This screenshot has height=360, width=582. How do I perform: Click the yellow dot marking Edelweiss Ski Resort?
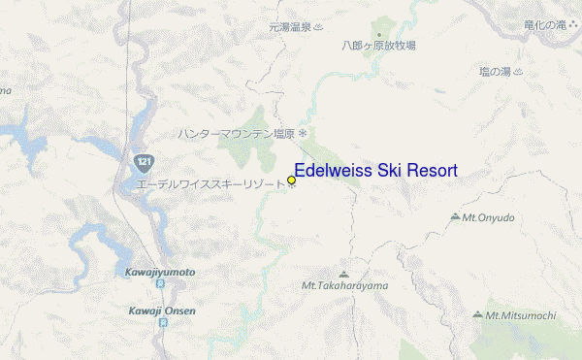coord(291,180)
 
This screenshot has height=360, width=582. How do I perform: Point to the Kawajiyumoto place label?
coord(160,272)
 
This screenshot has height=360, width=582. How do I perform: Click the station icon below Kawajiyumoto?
coord(160,284)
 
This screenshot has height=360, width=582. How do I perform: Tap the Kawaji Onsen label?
coord(162,311)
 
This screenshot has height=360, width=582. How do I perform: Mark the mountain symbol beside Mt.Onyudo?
coord(455,216)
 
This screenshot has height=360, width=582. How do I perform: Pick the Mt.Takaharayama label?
coord(344,285)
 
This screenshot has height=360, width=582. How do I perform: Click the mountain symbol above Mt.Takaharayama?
coord(343,274)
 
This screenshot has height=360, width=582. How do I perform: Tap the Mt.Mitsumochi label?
coord(521,315)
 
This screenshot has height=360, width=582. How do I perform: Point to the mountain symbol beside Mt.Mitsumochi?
coord(478,314)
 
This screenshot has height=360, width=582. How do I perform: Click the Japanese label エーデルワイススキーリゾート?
coord(210,182)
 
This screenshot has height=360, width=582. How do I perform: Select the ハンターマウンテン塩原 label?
coord(236,133)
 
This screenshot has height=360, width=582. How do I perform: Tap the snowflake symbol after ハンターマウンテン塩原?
coord(302,133)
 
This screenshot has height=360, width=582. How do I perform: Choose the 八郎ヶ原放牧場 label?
coord(378,45)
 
